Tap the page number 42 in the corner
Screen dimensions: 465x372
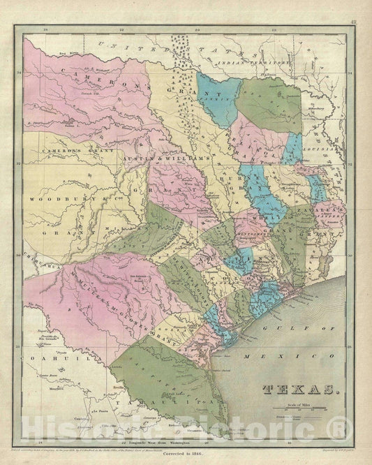(x=355, y=22)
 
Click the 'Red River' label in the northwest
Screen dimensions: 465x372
(x=67, y=53)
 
